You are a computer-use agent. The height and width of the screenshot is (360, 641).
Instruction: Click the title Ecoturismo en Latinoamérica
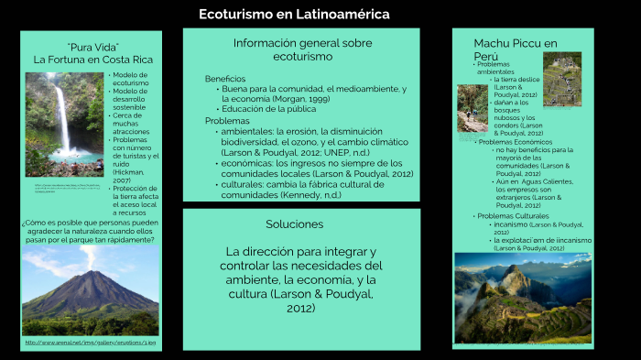coord(295,15)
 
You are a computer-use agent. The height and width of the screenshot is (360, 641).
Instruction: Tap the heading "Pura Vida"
coord(93,47)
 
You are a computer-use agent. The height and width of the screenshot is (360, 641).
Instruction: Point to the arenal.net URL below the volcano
coord(90,343)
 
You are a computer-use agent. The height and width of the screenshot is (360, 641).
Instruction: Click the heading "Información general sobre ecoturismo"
coord(302,49)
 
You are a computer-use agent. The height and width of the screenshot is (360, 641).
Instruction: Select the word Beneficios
coord(225,79)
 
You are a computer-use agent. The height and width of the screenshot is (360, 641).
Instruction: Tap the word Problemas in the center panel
coord(227,121)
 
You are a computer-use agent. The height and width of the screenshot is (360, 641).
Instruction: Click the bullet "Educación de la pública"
coord(269,109)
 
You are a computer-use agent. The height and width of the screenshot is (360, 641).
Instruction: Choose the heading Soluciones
coord(294,224)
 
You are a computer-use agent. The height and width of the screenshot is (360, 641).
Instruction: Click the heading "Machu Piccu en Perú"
coord(516,49)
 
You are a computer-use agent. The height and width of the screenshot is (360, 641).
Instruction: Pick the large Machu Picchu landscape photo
coord(523,298)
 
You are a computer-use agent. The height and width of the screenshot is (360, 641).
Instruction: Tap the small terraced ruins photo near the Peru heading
coord(562,78)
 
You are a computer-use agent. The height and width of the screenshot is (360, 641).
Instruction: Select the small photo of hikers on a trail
coord(473,108)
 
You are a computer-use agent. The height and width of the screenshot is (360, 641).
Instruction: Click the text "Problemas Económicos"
coord(516,142)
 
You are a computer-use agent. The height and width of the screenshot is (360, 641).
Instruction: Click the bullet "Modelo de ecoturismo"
coord(131,79)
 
